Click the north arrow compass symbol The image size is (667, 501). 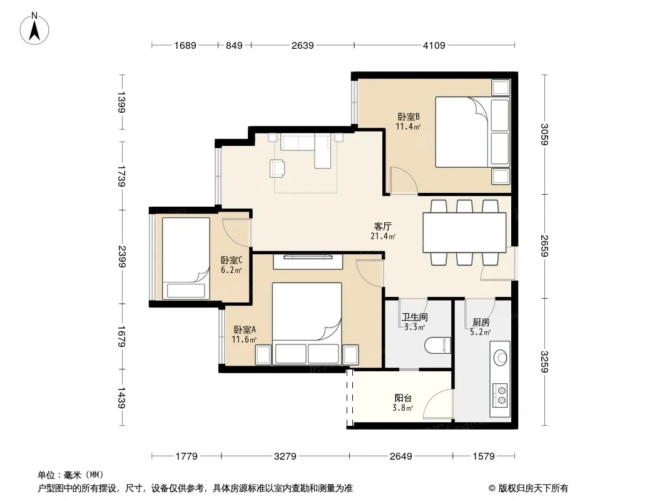pos(34,29)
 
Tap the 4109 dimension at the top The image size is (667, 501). pos(434,45)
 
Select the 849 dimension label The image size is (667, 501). pos(234,45)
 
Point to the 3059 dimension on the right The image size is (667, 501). pos(544,134)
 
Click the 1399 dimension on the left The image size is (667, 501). pos(121,102)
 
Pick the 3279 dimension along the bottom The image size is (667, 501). pos(285,457)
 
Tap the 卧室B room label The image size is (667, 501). pos(409,116)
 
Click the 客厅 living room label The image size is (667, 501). pos(383,226)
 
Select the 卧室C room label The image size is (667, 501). pos(232,260)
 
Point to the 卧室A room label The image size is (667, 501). pos(245,329)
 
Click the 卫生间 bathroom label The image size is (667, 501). pos(414,317)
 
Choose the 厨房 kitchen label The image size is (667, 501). pos(481,323)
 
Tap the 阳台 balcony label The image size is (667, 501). pos(403,398)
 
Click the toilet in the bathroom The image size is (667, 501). pos(438,345)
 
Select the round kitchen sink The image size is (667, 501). pos(501,357)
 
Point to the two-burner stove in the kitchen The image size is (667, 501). pos(500,395)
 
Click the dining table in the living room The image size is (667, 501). pos(464,232)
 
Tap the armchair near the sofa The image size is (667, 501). pos(277,168)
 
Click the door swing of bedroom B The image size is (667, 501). pos(403,180)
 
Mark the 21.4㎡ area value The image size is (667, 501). pos(383,236)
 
